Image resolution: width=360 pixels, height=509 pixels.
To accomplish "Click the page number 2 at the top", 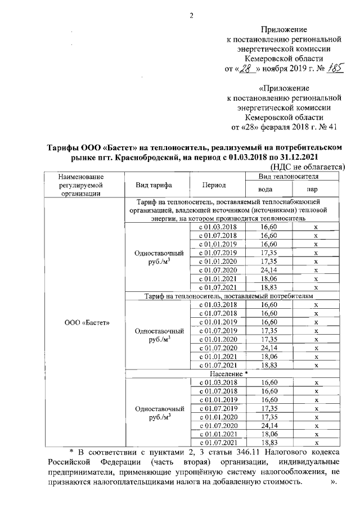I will point(191,15).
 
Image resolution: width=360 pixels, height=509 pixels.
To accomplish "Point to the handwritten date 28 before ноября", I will point(247,69).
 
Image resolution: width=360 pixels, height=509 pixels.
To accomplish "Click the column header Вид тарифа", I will point(154,185).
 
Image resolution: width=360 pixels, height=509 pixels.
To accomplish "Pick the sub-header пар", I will point(316,190).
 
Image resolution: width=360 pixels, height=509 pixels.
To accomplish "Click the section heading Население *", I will point(228,373).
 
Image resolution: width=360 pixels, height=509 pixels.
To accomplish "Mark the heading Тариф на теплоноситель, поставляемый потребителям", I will point(228,295).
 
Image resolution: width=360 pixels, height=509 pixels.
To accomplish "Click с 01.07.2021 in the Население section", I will point(215,443).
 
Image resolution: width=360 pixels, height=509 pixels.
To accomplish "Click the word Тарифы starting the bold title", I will point(62,147).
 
